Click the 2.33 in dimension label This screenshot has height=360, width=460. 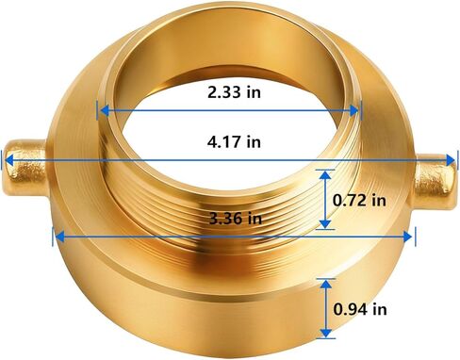(x=234, y=92)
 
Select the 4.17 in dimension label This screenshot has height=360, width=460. (x=234, y=143)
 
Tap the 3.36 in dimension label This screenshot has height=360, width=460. (x=233, y=219)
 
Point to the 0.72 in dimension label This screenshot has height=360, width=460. (x=360, y=200)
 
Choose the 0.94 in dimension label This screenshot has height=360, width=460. (x=360, y=309)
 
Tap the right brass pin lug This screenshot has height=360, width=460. (x=435, y=179)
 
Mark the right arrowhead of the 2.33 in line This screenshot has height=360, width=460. (x=358, y=109)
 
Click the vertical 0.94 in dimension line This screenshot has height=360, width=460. (x=325, y=309)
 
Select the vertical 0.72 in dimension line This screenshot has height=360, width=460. (x=325, y=200)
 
